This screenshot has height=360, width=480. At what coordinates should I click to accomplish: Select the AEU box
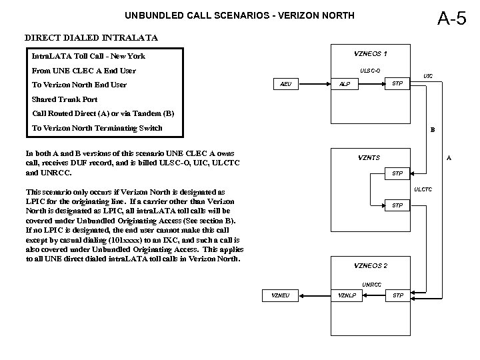pos(285,85)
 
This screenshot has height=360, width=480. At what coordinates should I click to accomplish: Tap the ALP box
pos(345,85)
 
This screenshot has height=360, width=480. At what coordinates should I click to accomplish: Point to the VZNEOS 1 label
pos(371,53)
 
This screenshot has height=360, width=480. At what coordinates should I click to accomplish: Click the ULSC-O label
pos(370,70)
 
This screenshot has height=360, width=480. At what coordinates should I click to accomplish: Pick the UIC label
pos(427,77)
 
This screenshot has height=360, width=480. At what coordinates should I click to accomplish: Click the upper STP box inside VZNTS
pos(397,173)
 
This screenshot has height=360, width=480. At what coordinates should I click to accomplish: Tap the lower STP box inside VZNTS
pos(397,205)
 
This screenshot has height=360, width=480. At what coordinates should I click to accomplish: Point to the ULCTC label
pos(423,190)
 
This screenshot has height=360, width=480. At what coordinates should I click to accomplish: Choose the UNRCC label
pos(371,285)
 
